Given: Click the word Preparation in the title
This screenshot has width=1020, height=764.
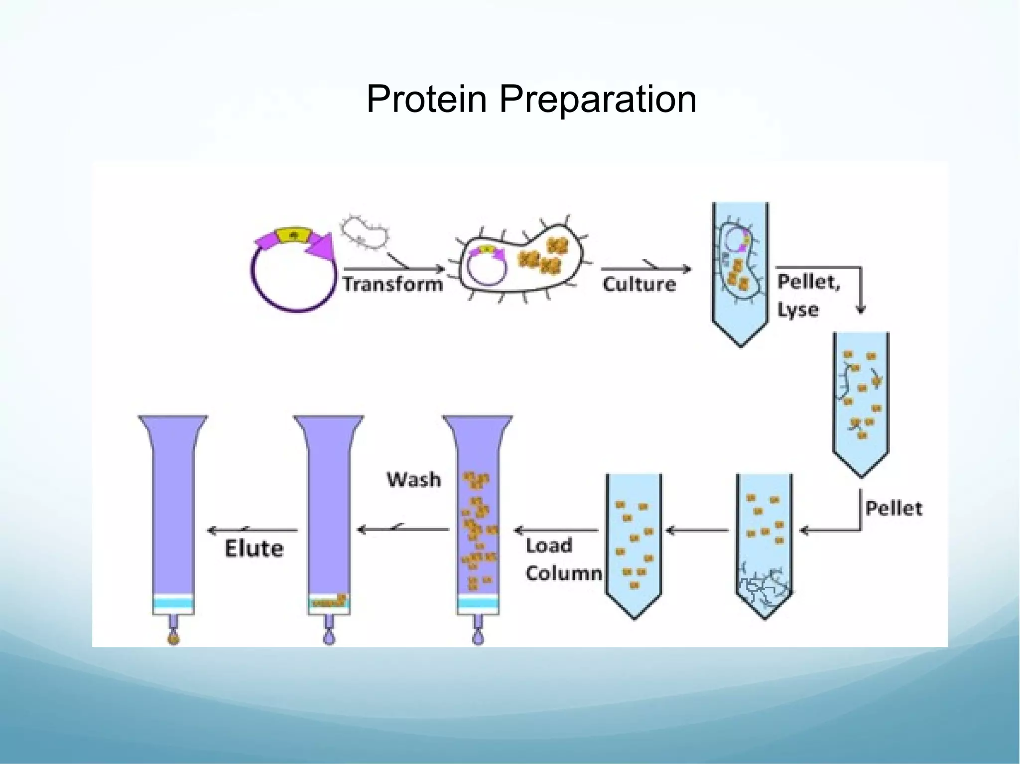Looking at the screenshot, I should coord(598,100).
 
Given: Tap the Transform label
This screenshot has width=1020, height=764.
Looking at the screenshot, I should coord(392,284).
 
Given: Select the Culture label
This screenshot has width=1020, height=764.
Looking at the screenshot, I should coord(639,284).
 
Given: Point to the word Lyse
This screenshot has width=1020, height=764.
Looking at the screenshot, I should coord(798,310).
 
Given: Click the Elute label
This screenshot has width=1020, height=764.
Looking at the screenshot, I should coord(254,548).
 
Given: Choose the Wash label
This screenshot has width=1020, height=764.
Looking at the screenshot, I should coord(414,479).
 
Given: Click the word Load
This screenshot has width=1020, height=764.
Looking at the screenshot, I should coord(549,546).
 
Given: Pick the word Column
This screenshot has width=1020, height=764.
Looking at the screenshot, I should coord(564,573).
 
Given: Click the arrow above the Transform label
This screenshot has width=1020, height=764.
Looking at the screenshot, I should coord(393,269).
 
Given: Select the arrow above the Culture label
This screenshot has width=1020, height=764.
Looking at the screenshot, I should coord(646,269).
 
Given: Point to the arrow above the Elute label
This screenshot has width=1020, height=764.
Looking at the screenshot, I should coord(253,531).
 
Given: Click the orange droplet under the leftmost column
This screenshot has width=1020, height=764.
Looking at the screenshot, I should coord(173,639).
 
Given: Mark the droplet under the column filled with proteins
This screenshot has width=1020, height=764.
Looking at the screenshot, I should coord(478,638).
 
